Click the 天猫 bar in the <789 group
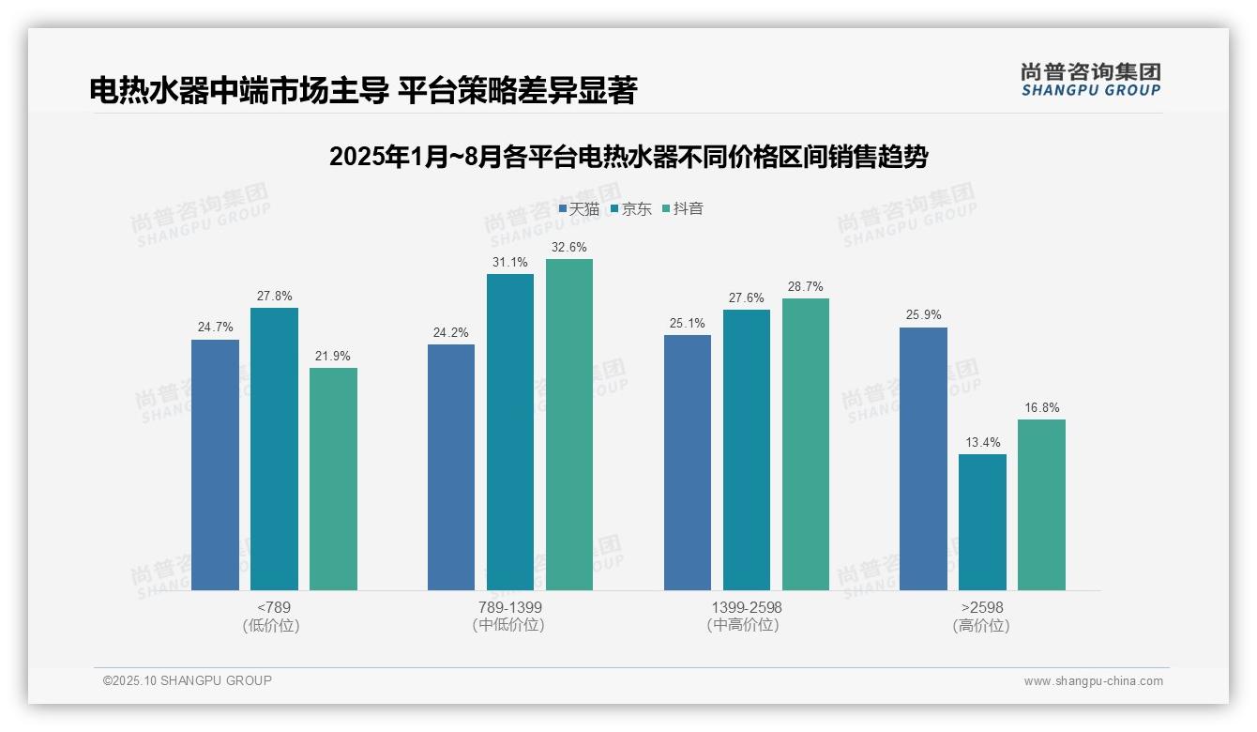(215, 465)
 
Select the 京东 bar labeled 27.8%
(274, 449)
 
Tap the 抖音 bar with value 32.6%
(569, 424)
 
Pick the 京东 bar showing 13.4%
(982, 522)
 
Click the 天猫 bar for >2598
(923, 459)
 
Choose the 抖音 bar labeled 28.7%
(806, 444)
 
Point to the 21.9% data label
(333, 357)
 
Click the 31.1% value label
(510, 263)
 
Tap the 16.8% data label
(1041, 408)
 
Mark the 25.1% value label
(688, 324)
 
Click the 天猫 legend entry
(579, 209)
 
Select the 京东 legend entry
(631, 209)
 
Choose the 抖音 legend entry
(683, 209)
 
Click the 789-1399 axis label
(509, 607)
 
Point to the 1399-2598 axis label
(746, 607)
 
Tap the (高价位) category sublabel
(981, 625)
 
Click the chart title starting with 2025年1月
(628, 157)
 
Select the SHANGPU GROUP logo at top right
(1090, 80)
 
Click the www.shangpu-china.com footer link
(1093, 681)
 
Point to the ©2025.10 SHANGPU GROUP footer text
(188, 680)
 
